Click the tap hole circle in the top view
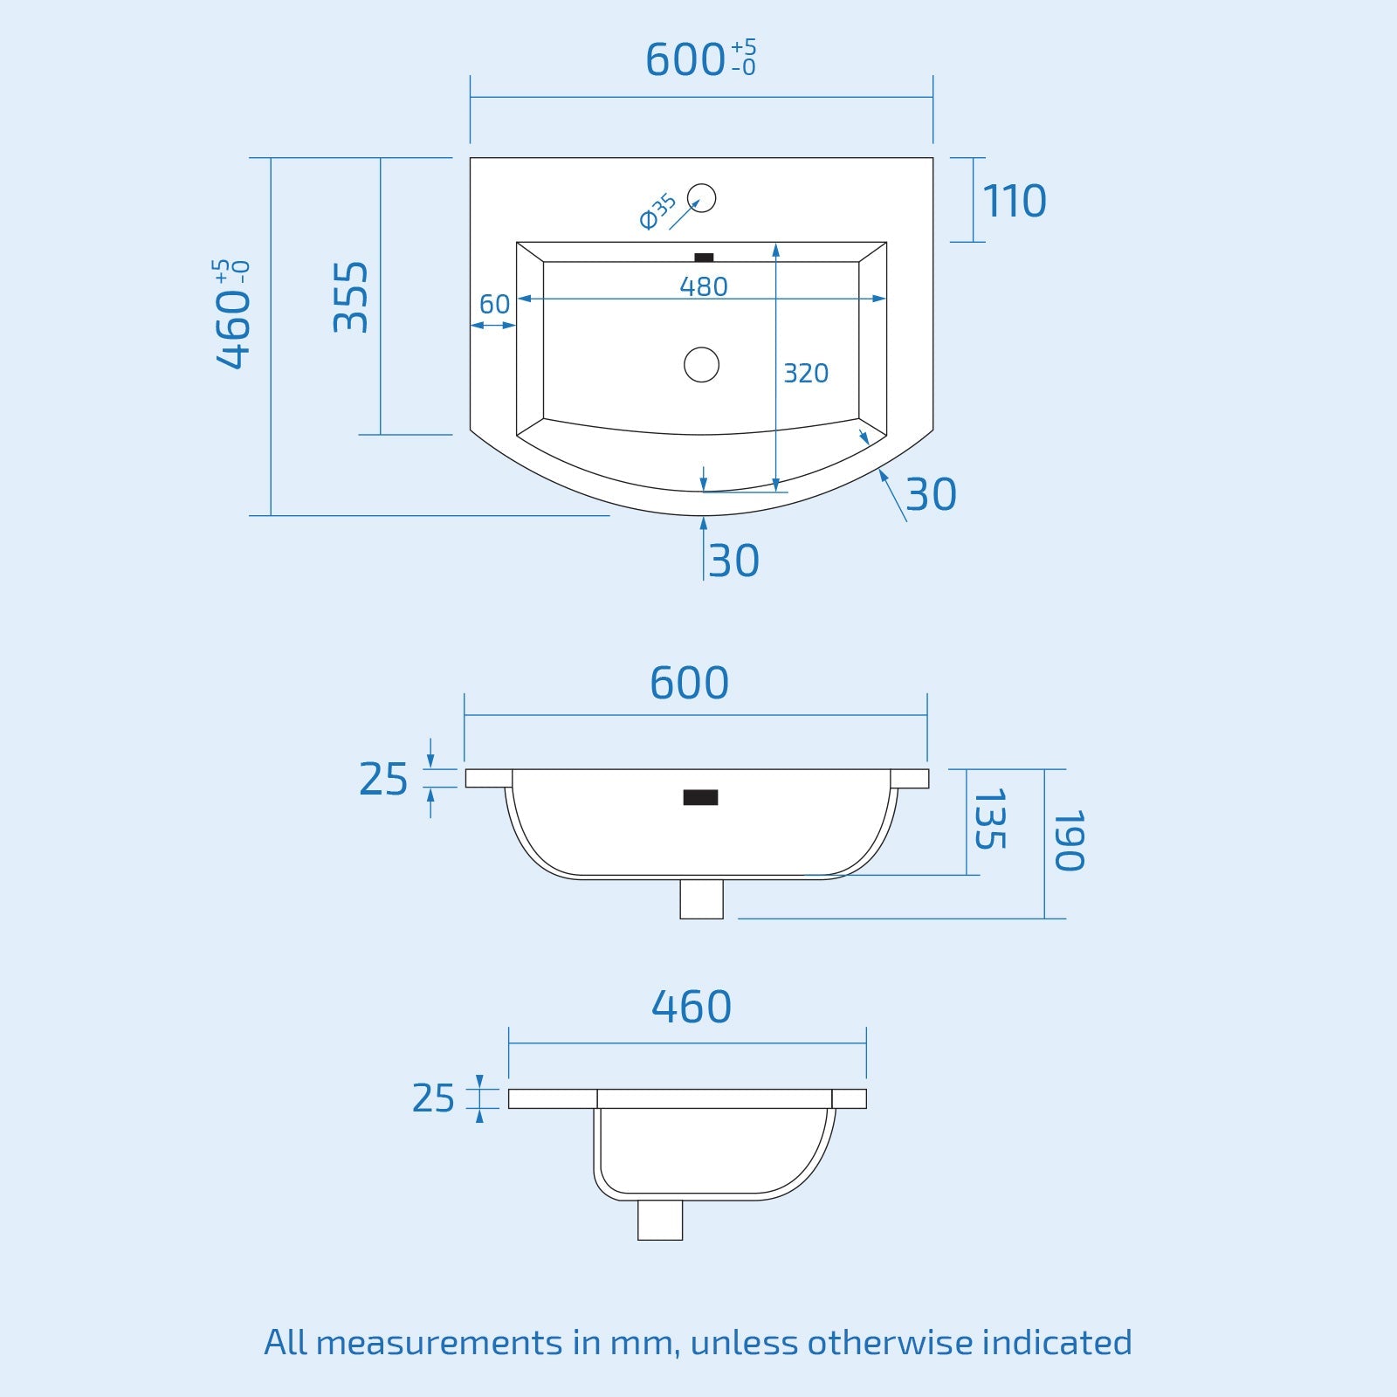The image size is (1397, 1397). click(701, 198)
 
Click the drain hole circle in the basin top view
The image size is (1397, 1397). click(701, 364)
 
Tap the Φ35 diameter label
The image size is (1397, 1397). click(657, 211)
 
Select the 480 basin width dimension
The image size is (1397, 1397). click(703, 286)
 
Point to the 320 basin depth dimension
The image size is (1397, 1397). click(805, 374)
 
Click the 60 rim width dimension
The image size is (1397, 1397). click(494, 305)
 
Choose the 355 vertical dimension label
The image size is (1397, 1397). click(351, 297)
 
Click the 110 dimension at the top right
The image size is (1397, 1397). click(1014, 202)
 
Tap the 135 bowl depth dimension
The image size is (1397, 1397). click(989, 819)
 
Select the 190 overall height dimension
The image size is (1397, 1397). click(1069, 841)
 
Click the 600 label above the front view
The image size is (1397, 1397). click(689, 683)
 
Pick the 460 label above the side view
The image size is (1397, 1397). click(691, 1007)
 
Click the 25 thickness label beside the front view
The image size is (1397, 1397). click(383, 779)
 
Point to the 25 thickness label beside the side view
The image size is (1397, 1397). click(433, 1098)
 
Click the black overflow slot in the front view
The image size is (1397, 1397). click(700, 797)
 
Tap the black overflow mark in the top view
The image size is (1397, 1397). click(704, 258)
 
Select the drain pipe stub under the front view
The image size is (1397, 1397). click(701, 898)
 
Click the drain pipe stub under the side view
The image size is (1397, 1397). click(659, 1219)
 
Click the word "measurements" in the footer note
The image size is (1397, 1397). click(439, 1342)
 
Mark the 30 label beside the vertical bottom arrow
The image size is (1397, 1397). click(733, 561)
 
